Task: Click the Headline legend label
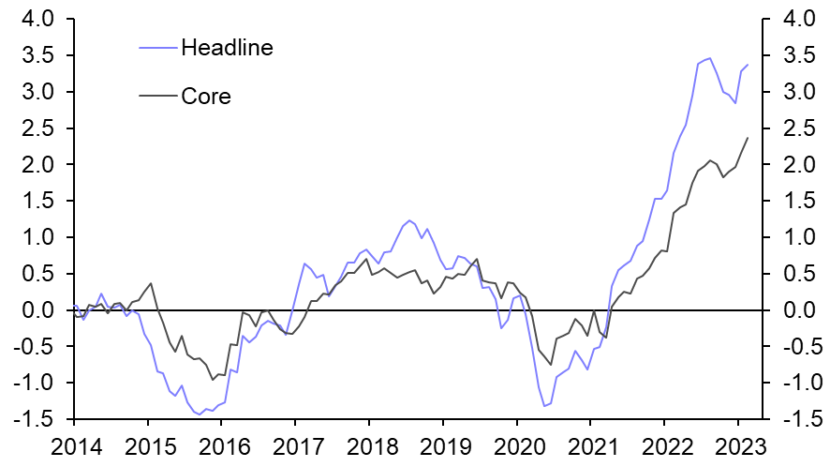click(x=227, y=48)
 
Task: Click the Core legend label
click(x=205, y=96)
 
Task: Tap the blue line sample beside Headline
click(x=157, y=46)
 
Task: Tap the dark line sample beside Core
click(x=157, y=95)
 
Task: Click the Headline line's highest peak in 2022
click(x=709, y=58)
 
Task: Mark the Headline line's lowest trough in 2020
click(x=544, y=406)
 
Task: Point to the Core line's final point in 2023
click(x=748, y=138)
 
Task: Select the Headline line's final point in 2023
click(x=748, y=65)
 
